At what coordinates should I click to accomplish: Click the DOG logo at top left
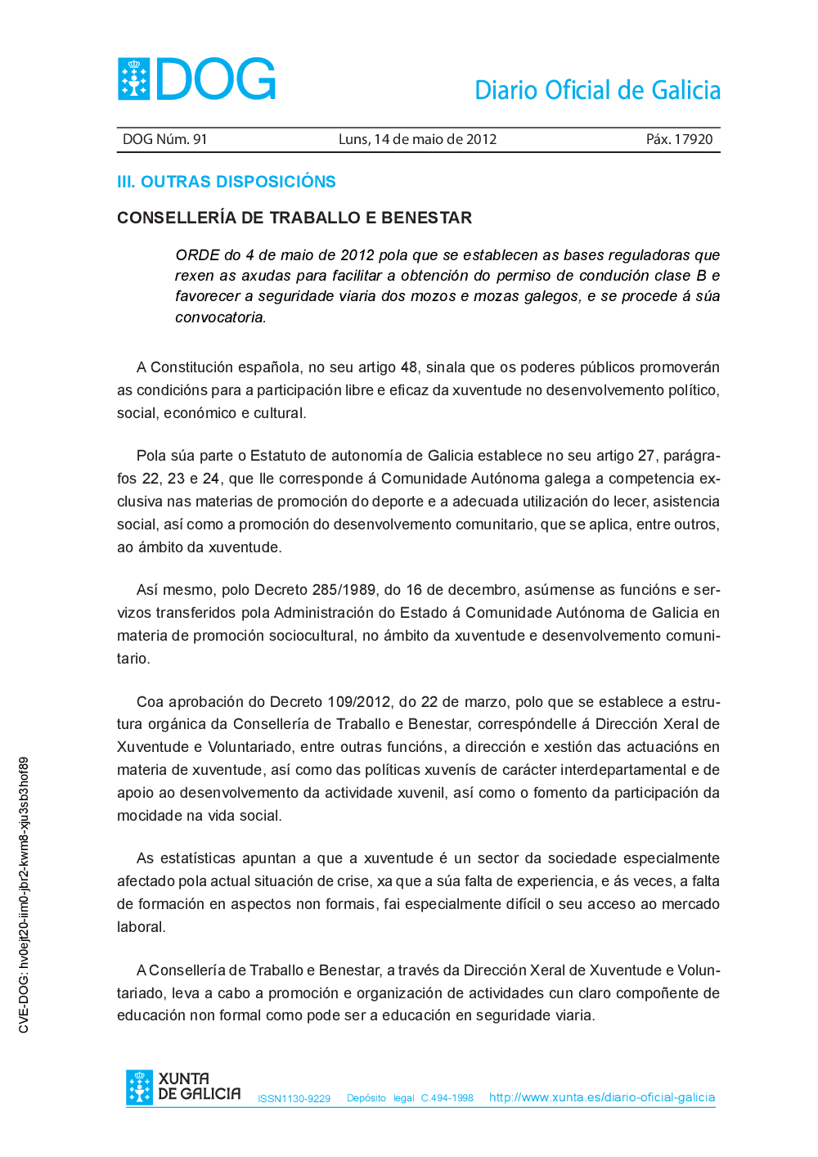(196, 79)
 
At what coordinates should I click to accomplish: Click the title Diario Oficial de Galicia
(597, 90)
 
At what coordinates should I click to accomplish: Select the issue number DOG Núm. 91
(165, 139)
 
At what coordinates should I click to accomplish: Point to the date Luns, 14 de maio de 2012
(417, 139)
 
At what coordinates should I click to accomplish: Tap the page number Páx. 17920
(679, 139)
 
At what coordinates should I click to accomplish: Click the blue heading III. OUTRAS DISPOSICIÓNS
(227, 182)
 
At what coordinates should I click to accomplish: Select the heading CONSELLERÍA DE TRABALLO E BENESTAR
(294, 218)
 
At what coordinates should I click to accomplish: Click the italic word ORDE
(197, 255)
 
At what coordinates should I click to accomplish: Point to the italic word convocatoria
(220, 317)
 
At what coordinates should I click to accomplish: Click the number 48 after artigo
(409, 367)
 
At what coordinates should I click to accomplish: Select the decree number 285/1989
(344, 590)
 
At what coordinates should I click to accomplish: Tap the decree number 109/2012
(359, 702)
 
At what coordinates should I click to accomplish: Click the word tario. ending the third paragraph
(133, 659)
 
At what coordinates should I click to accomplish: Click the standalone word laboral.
(141, 927)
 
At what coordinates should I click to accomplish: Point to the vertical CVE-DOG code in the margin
(24, 894)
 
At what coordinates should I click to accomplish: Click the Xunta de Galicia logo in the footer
(183, 1087)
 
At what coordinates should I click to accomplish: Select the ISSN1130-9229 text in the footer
(294, 1099)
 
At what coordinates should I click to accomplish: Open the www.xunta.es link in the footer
(602, 1097)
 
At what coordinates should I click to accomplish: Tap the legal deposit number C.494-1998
(447, 1098)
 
